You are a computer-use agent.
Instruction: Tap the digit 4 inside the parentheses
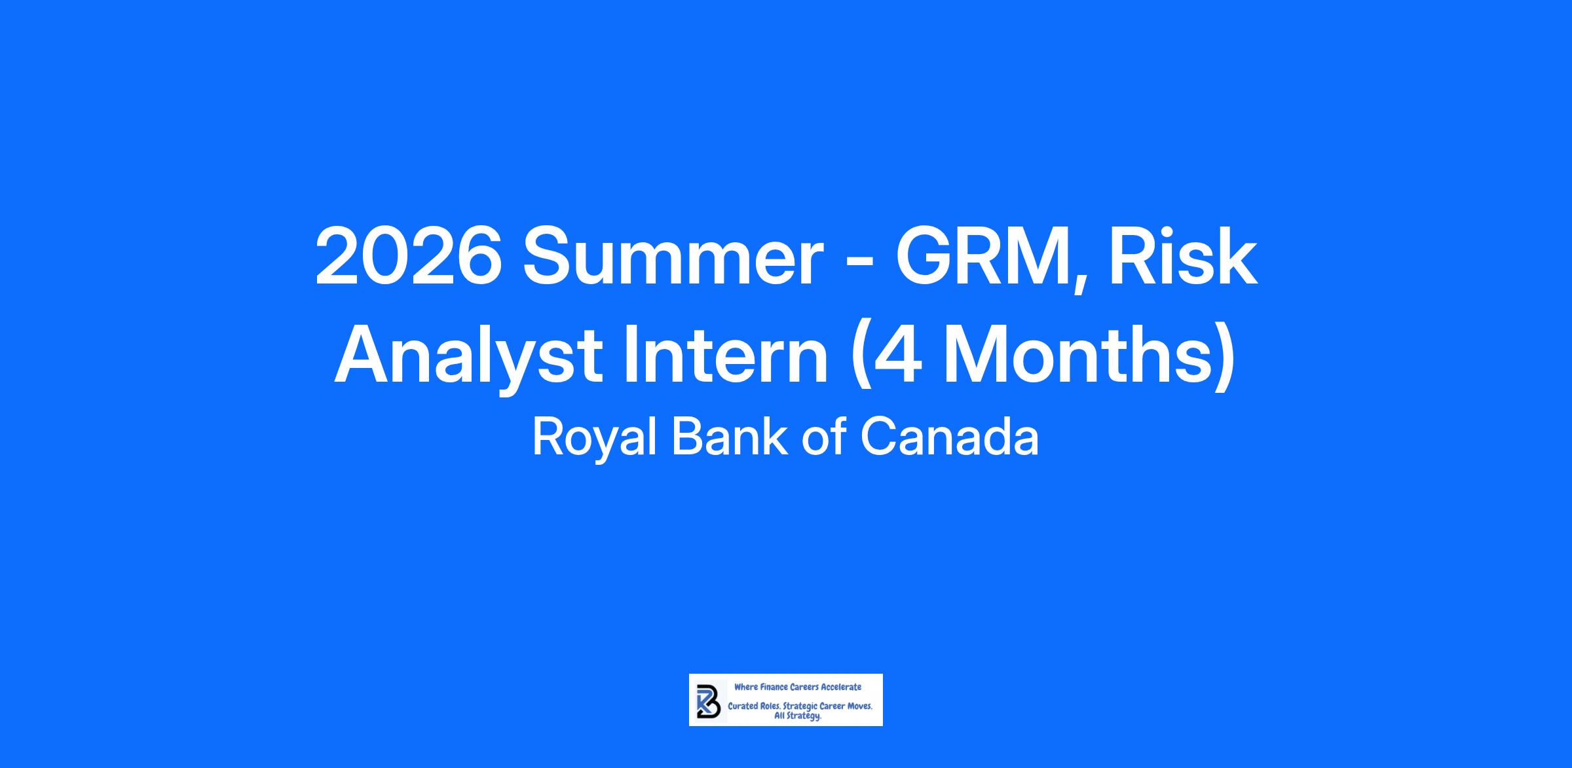coord(902,356)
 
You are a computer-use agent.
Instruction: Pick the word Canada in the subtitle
coord(949,437)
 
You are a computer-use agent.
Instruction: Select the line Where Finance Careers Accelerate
coord(798,687)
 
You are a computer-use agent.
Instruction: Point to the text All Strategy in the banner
coord(798,716)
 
